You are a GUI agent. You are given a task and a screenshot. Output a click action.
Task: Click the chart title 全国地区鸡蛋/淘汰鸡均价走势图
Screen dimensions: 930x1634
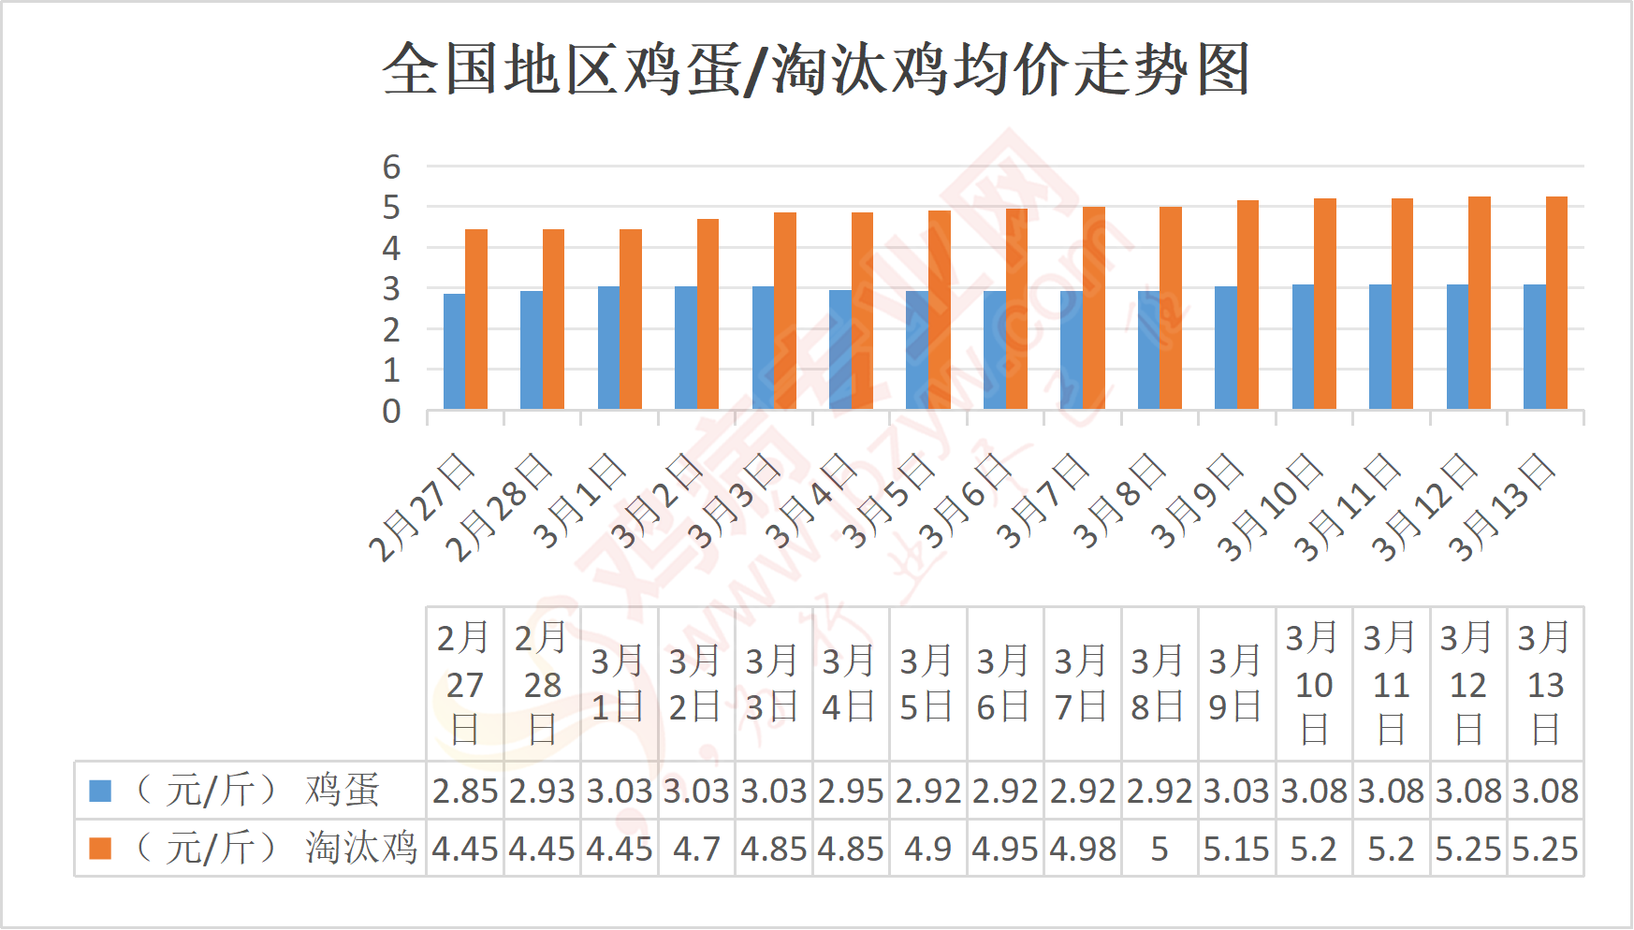[x=816, y=70]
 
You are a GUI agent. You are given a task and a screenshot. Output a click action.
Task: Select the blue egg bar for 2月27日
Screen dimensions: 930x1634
[x=454, y=352]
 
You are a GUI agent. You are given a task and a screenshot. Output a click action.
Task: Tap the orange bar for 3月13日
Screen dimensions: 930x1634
[x=1556, y=303]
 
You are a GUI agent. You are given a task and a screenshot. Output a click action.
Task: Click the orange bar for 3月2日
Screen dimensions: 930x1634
[x=708, y=314]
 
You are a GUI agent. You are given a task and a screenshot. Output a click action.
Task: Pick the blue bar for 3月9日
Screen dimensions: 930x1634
[x=1225, y=348]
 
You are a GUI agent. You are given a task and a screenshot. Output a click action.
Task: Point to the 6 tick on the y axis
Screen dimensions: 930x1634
[x=391, y=167]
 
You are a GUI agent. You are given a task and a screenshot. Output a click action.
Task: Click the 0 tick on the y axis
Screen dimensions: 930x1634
[x=391, y=411]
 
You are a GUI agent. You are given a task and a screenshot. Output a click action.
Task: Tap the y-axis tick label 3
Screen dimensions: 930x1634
[x=391, y=289]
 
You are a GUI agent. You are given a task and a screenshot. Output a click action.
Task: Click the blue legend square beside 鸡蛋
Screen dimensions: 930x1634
[x=100, y=792]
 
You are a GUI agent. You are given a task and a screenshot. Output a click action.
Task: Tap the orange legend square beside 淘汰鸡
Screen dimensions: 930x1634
[x=100, y=849]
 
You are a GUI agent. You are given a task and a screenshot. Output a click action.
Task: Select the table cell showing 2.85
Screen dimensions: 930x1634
[x=465, y=792]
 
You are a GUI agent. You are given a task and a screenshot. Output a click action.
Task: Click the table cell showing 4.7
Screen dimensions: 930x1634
[x=696, y=850]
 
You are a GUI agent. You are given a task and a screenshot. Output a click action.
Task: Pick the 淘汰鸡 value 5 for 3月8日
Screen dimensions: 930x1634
[x=1160, y=850]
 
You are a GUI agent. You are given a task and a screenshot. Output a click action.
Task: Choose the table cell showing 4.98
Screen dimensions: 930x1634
[x=1083, y=850]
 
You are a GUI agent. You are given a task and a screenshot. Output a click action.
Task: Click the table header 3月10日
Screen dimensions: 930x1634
[x=1314, y=684]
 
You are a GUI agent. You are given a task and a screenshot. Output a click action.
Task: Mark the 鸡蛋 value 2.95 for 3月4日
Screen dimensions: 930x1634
[x=851, y=792]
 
